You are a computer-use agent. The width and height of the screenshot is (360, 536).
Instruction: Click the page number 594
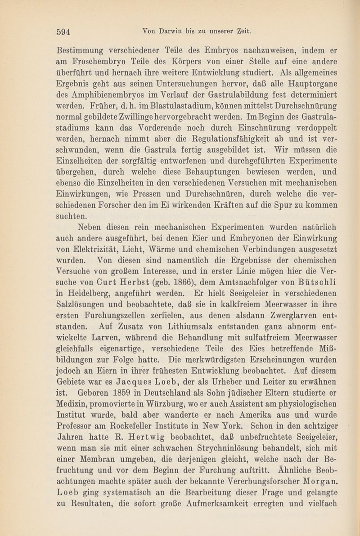point(64,31)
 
